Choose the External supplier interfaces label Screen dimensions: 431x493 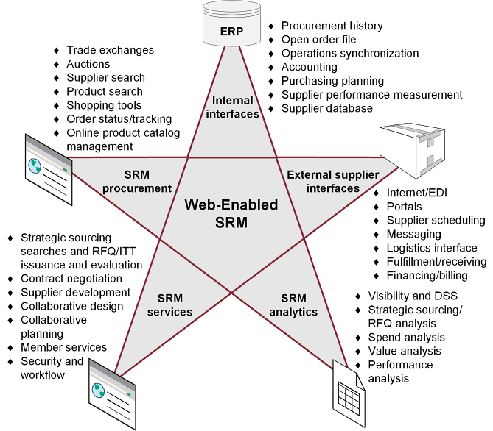click(x=332, y=182)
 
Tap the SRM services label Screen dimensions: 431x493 click(x=175, y=305)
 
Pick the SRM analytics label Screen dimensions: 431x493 click(x=294, y=305)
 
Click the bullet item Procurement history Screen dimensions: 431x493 click(x=332, y=26)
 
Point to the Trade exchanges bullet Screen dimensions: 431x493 click(x=110, y=50)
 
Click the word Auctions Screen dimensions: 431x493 click(x=88, y=64)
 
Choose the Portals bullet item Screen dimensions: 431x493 click(x=405, y=207)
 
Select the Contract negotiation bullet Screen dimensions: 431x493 click(x=71, y=279)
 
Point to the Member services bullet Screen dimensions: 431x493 click(x=64, y=347)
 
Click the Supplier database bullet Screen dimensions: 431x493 click(x=327, y=109)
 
